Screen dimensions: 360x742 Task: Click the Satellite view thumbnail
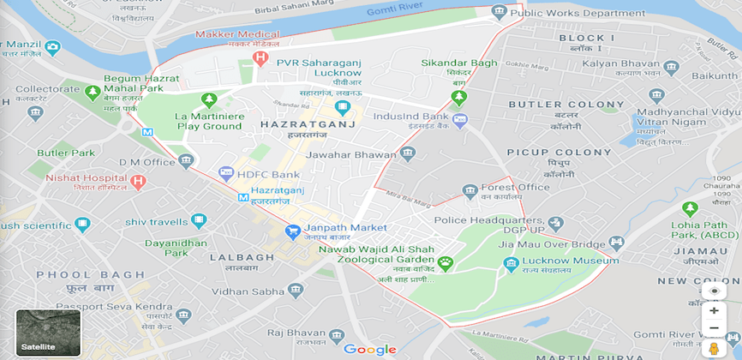point(48,332)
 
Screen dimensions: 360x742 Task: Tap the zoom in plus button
point(713,310)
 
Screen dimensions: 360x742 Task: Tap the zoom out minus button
point(713,328)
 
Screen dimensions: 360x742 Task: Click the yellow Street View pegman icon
point(713,348)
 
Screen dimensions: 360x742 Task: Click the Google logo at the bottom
point(369,349)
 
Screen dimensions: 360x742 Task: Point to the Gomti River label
point(397,11)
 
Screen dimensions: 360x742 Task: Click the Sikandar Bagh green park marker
point(459,96)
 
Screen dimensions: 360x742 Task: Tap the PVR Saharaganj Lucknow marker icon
point(344,108)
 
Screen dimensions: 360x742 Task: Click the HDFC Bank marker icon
point(226,172)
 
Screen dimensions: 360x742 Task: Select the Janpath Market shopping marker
point(291,231)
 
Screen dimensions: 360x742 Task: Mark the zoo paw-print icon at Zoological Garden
point(445,261)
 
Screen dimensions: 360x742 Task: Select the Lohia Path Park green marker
point(690,207)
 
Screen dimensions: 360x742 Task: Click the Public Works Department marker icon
point(499,11)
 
